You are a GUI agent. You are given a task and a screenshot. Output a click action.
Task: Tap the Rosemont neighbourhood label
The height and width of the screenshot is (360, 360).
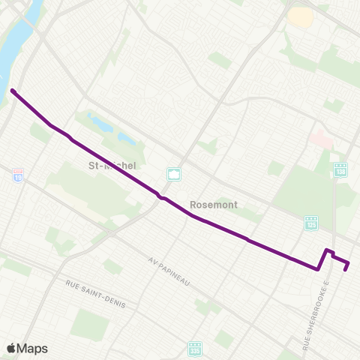pos(214,203)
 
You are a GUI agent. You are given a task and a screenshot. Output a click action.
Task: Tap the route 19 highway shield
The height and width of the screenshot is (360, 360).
pos(18,175)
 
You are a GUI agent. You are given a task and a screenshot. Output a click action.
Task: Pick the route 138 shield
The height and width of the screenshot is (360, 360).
pos(340,171)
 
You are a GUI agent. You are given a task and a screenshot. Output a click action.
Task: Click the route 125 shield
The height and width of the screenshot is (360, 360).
pos(310,223)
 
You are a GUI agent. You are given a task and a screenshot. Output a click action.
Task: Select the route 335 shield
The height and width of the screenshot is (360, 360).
pos(195,350)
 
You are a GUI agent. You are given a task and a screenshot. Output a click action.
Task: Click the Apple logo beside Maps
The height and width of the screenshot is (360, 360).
pos(12,348)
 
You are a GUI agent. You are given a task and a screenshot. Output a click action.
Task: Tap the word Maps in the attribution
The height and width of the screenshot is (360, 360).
pos(33,348)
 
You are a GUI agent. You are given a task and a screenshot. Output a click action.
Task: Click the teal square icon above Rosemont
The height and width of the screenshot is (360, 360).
pos(174,175)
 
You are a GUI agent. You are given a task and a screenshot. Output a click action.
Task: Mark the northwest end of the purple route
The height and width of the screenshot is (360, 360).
pos(13,91)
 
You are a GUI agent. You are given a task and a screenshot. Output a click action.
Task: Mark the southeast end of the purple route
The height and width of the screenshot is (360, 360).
pos(345,270)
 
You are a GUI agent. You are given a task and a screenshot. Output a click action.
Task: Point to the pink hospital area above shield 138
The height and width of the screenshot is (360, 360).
pos(321,139)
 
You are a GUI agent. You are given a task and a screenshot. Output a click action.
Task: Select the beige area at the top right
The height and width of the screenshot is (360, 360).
pos(300,16)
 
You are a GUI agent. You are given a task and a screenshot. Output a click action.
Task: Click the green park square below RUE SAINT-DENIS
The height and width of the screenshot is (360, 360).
pos(90,324)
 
